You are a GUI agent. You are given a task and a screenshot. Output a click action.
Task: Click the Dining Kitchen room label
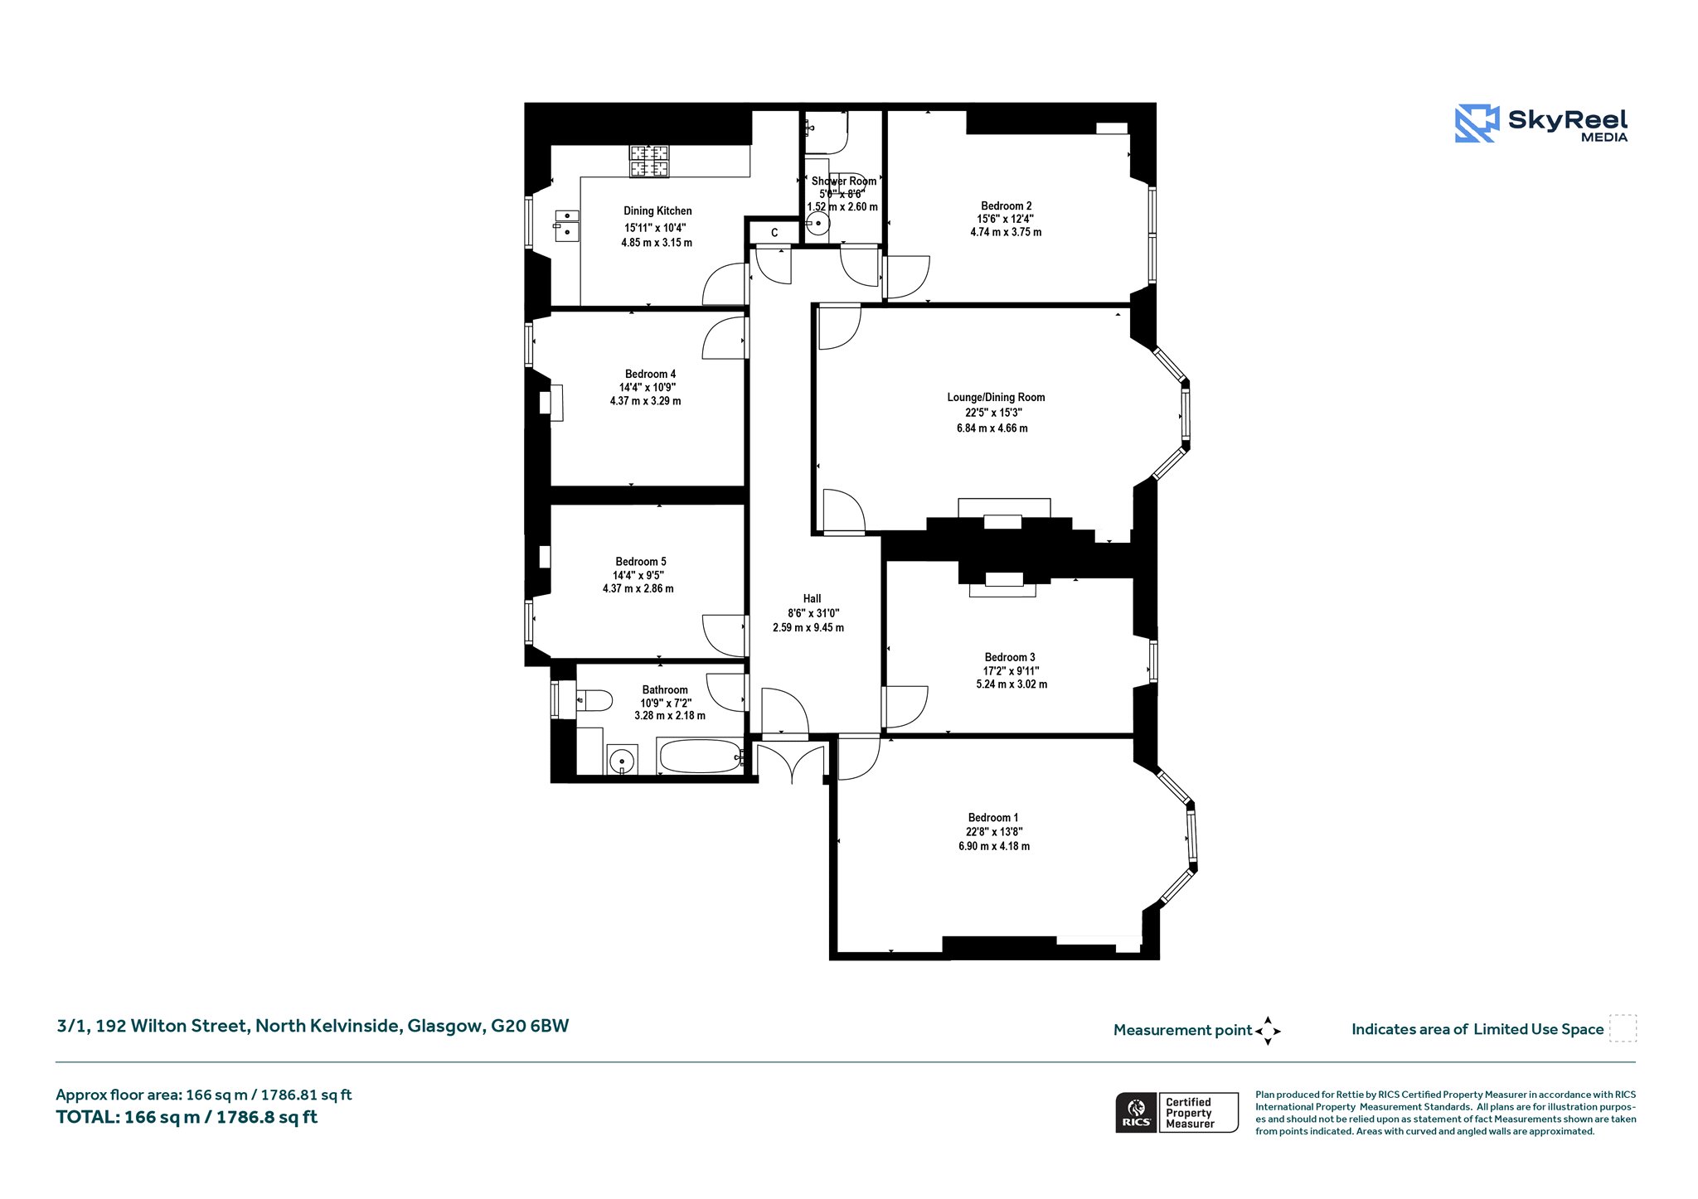point(657,211)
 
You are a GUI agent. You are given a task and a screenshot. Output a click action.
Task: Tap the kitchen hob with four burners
point(648,162)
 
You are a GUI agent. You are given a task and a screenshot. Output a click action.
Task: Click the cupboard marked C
point(774,233)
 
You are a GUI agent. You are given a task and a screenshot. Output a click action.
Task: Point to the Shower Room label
point(844,181)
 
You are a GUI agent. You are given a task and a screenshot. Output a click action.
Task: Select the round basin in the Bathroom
point(622,759)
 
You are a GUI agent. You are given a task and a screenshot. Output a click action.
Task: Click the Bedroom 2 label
point(1007,206)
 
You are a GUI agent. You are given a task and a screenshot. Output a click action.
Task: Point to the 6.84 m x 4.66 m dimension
point(992,428)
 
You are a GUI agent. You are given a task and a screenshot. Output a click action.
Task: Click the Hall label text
point(812,598)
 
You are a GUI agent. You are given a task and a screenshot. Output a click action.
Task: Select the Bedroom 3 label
point(1010,657)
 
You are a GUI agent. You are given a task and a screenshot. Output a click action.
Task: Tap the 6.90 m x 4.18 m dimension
point(994,846)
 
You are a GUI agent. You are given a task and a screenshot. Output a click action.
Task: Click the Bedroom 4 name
point(650,374)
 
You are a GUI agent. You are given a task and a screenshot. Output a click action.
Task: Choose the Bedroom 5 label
point(641,562)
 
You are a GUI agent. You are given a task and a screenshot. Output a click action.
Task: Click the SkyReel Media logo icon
point(1477,123)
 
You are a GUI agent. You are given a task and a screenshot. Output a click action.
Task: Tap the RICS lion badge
point(1137,1112)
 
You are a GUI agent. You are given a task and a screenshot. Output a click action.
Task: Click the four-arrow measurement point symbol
point(1268,1031)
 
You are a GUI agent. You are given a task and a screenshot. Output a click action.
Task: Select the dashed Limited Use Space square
point(1623,1028)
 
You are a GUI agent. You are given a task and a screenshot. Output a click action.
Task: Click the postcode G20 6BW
point(530,1026)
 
